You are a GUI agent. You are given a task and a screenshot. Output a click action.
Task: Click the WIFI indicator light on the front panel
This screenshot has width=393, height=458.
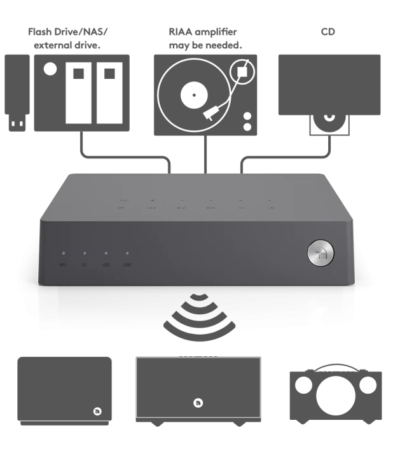[63, 253]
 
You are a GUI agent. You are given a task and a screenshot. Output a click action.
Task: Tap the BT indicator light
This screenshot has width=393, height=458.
[85, 253]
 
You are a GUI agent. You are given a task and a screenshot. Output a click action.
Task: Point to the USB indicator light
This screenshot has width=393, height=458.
[106, 253]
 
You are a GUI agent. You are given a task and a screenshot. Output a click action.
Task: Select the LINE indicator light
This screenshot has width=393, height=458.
[127, 253]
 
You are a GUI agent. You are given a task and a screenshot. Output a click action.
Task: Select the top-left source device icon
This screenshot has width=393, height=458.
[66, 89]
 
